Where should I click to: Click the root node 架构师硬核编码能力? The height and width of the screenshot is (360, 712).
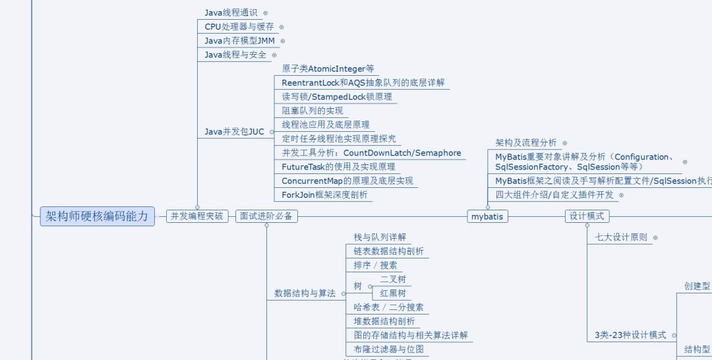(x=97, y=216)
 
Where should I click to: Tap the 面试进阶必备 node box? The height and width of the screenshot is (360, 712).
(x=266, y=216)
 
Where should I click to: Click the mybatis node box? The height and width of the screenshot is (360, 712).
(x=488, y=216)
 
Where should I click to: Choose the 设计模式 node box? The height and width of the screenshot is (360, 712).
(x=587, y=216)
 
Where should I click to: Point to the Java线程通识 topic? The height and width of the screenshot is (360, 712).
(x=231, y=13)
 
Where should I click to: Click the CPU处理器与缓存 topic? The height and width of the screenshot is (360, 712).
(x=239, y=27)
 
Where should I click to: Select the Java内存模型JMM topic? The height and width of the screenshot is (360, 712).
(x=239, y=41)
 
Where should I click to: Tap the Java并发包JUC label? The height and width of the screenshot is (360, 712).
(x=234, y=132)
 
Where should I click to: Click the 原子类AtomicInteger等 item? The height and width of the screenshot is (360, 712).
(x=328, y=69)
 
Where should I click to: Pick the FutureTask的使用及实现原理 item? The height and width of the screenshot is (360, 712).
(x=338, y=167)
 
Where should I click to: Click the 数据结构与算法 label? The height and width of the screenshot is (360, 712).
(x=305, y=293)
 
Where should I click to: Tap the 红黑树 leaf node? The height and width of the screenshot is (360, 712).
(x=393, y=293)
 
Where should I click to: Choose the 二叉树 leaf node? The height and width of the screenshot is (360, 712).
(x=393, y=280)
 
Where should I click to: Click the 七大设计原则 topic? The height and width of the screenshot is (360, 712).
(x=621, y=237)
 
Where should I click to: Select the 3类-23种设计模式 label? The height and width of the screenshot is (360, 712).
(x=630, y=335)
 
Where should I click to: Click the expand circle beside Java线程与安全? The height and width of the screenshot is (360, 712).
(x=274, y=55)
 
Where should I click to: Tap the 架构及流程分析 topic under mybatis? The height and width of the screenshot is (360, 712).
(x=526, y=142)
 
